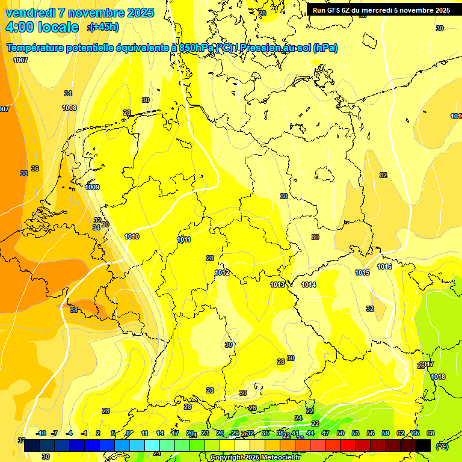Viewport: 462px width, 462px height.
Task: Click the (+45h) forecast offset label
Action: click(x=104, y=26)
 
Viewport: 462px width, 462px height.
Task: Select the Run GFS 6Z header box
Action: click(x=381, y=10)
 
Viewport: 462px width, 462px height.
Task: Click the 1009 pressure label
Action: click(x=92, y=187)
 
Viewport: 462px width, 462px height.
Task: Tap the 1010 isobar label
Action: click(x=132, y=236)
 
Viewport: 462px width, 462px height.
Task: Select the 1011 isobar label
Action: click(x=184, y=240)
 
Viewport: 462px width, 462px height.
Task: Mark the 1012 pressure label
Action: click(x=222, y=273)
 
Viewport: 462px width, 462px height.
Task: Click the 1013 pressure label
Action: click(x=277, y=285)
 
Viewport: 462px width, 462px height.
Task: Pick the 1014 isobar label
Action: click(x=309, y=285)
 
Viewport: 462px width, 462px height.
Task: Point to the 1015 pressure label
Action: click(x=362, y=273)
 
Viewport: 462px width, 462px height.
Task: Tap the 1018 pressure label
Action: click(x=438, y=377)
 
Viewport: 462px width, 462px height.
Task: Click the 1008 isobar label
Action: click(x=70, y=108)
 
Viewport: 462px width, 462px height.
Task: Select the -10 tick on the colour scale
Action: click(x=42, y=433)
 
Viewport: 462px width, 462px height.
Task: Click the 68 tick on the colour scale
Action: click(x=431, y=433)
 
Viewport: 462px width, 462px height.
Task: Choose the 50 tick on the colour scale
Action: click(x=340, y=433)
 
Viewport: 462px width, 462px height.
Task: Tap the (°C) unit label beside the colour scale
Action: click(x=442, y=446)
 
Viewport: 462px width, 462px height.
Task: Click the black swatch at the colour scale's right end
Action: click(x=423, y=445)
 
